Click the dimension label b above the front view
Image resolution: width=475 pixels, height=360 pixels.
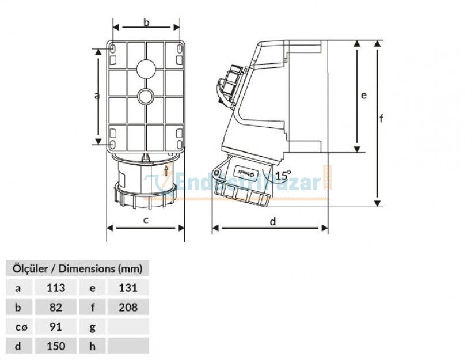point(146,22)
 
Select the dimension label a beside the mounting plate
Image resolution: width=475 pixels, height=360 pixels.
point(97,96)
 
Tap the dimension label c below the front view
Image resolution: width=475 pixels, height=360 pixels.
point(146,219)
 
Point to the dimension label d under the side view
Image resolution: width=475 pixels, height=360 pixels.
point(273,220)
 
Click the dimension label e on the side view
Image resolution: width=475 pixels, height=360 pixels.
point(363,96)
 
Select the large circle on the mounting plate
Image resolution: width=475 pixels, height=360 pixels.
point(146,69)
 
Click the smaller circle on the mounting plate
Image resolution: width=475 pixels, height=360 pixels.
point(146,95)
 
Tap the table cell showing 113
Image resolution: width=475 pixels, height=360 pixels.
point(55,288)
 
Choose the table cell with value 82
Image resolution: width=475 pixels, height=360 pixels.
point(55,308)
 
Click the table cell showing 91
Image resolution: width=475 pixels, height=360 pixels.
point(55,327)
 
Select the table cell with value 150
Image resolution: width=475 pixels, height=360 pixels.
point(55,346)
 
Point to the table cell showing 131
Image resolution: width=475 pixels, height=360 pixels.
point(128,288)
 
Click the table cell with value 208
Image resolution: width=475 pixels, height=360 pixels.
point(128,308)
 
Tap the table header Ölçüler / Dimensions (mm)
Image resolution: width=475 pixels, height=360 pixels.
point(77,268)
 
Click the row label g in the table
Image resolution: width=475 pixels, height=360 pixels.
point(92,327)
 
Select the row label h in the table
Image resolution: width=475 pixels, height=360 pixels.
point(92,346)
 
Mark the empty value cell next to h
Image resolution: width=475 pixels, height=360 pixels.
point(128,346)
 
